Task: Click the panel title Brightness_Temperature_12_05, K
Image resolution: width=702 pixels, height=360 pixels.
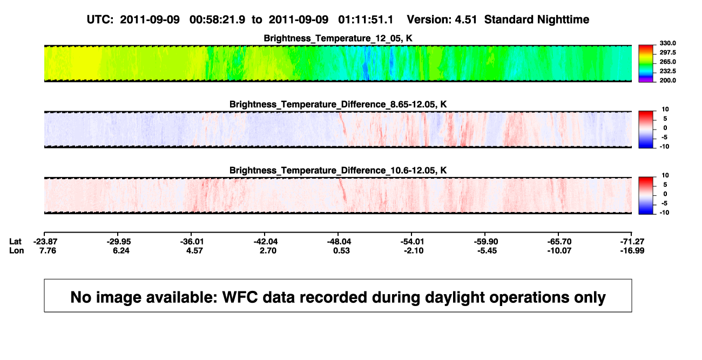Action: coord(338,38)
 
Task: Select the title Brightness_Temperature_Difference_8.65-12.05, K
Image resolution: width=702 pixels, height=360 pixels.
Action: coord(338,104)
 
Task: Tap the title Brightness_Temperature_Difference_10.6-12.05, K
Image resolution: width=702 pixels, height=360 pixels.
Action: coord(338,171)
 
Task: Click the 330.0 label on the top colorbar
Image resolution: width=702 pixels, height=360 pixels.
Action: coord(667,43)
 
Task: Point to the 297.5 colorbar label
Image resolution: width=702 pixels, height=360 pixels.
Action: coord(667,52)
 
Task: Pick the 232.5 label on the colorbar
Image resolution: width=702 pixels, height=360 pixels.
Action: coord(667,71)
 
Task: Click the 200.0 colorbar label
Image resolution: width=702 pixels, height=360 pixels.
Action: coord(667,80)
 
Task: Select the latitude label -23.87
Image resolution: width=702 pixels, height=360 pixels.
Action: coord(45,242)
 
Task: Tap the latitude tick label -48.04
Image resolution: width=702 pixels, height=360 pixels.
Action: coord(339,242)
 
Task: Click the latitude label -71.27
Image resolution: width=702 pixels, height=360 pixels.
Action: coord(632,242)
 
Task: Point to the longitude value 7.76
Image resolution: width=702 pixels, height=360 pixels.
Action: coord(48,250)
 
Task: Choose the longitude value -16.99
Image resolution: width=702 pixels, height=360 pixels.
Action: coord(632,250)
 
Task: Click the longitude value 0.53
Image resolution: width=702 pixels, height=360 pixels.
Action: coord(341,250)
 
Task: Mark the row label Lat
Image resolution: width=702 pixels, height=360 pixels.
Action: coord(15,242)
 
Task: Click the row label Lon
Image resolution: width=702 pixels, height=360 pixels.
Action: coord(16,250)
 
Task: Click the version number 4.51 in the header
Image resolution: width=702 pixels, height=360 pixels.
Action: coord(465,20)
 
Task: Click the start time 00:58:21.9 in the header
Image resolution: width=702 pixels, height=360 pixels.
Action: coord(217,20)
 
